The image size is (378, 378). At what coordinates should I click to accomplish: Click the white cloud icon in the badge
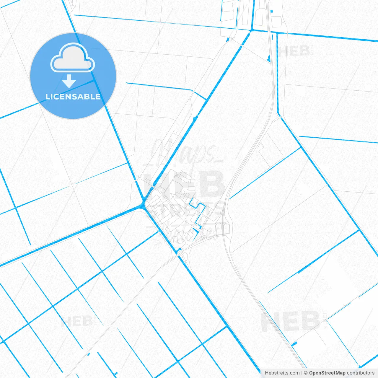pyautogui.click(x=73, y=58)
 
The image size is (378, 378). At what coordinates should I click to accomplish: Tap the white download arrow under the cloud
pyautogui.click(x=69, y=81)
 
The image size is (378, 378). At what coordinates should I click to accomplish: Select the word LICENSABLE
pyautogui.click(x=73, y=97)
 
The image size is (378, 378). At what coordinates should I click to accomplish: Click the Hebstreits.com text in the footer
pyautogui.click(x=282, y=373)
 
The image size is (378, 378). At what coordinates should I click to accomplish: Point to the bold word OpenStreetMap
pyautogui.click(x=327, y=373)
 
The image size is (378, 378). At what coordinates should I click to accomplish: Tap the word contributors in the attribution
pyautogui.click(x=360, y=373)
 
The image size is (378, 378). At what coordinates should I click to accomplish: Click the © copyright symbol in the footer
pyautogui.click(x=306, y=373)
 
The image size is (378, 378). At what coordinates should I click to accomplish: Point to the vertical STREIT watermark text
pyautogui.click(x=325, y=319)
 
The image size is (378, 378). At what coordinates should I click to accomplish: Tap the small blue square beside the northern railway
pyautogui.click(x=271, y=11)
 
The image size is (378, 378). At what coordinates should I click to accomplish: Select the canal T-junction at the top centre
pyautogui.click(x=251, y=30)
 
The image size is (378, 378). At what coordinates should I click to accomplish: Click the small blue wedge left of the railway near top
pyautogui.click(x=268, y=58)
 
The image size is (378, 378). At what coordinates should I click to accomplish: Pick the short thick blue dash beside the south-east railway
pyautogui.click(x=294, y=344)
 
